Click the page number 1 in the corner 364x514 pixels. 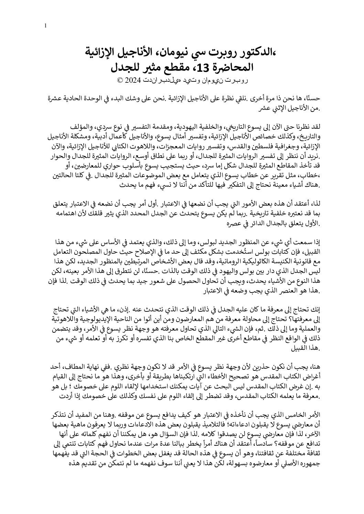point(46,25)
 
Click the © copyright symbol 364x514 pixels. point(120,81)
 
